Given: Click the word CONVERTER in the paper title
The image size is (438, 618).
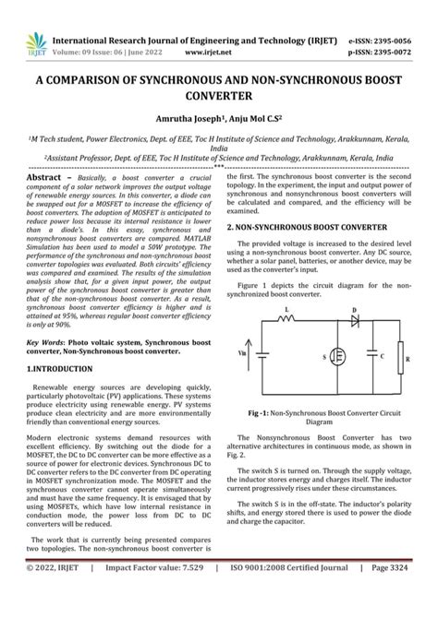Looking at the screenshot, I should [x=219, y=94].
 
